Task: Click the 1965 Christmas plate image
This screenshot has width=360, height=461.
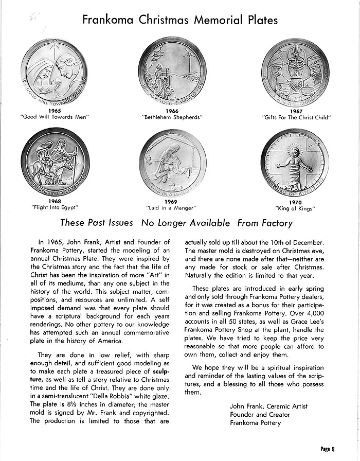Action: (x=55, y=70)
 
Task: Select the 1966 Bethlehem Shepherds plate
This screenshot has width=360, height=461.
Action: (x=173, y=70)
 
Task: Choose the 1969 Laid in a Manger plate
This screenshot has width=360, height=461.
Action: (x=173, y=163)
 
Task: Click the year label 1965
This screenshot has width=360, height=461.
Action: (x=54, y=111)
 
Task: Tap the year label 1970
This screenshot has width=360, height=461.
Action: (x=295, y=202)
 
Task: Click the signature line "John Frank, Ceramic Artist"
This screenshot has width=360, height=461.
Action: (x=268, y=406)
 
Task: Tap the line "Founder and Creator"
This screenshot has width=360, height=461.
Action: (x=260, y=415)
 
